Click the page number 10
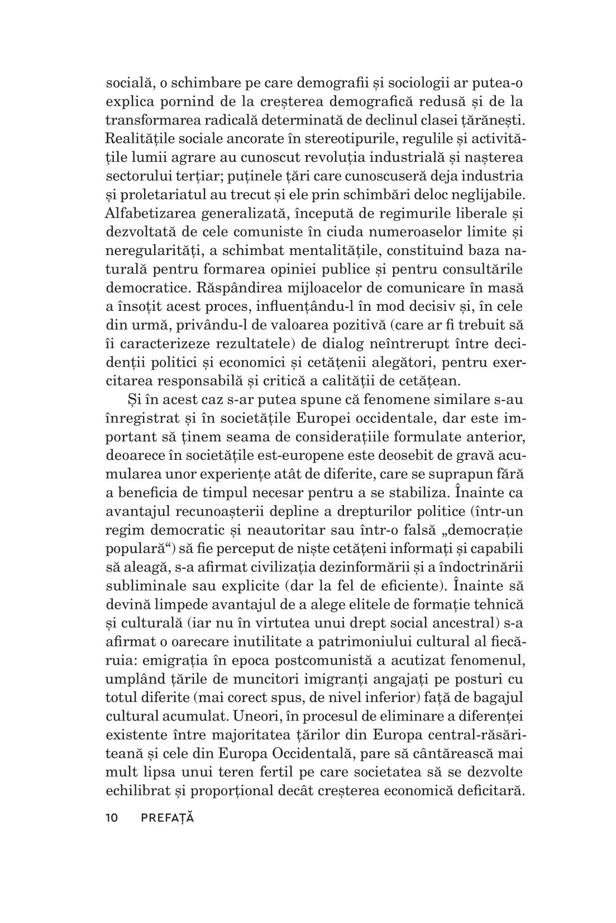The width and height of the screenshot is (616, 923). (x=112, y=819)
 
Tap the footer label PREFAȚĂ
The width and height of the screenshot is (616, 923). (x=167, y=818)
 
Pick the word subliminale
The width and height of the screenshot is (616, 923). (x=145, y=584)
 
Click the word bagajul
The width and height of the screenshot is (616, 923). (x=502, y=698)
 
